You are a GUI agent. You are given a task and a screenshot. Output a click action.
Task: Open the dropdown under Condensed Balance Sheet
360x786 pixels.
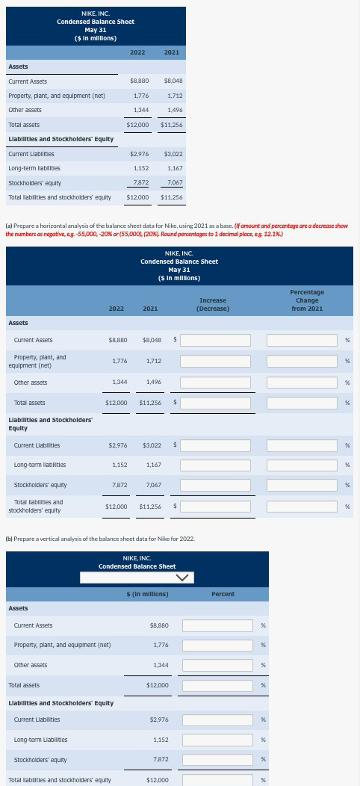137,577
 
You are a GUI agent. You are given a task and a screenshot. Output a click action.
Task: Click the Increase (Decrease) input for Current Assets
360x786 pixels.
214,340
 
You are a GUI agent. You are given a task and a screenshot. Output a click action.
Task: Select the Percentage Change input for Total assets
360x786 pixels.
302,403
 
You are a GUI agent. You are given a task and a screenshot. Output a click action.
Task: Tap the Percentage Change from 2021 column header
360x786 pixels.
306,300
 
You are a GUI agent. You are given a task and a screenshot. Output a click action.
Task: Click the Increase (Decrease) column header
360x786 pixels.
214,304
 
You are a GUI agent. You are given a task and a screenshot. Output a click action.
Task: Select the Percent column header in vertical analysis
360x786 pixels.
223,594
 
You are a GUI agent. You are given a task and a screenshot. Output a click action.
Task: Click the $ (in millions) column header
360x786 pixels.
146,594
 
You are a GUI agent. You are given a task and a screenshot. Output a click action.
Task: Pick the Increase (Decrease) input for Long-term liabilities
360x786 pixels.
214,465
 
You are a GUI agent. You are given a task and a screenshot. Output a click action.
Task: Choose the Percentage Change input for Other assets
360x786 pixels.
302,383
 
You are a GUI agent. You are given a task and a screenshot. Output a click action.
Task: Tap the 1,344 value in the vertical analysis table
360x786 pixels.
159,665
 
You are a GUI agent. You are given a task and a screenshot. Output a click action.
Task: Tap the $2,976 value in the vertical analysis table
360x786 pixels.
158,720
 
